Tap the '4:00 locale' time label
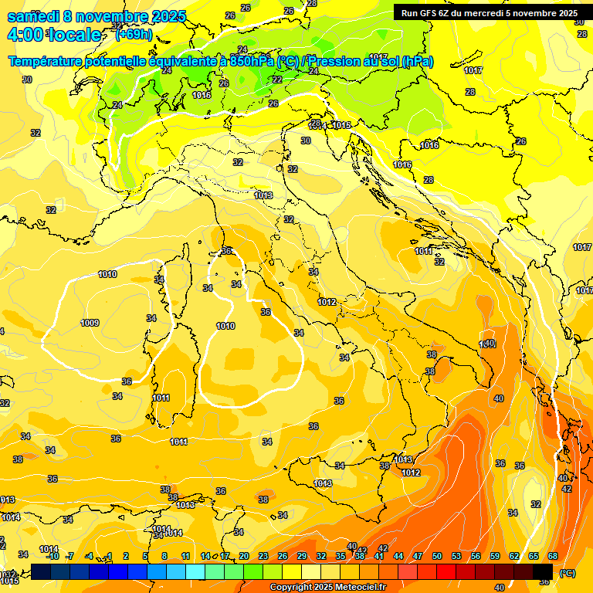click(x=53, y=35)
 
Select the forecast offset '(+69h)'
click(x=134, y=35)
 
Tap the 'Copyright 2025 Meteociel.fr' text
click(x=328, y=588)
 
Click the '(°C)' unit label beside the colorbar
click(x=567, y=573)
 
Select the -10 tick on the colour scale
click(x=53, y=557)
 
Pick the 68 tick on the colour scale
click(x=553, y=557)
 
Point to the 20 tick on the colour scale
click(x=243, y=557)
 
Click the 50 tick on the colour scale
click(x=437, y=557)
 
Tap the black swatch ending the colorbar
click(x=543, y=571)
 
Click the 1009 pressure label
click(x=90, y=323)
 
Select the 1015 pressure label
click(x=342, y=125)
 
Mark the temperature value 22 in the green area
click(x=277, y=80)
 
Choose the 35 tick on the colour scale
click(x=340, y=557)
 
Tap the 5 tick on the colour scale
click(x=146, y=557)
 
